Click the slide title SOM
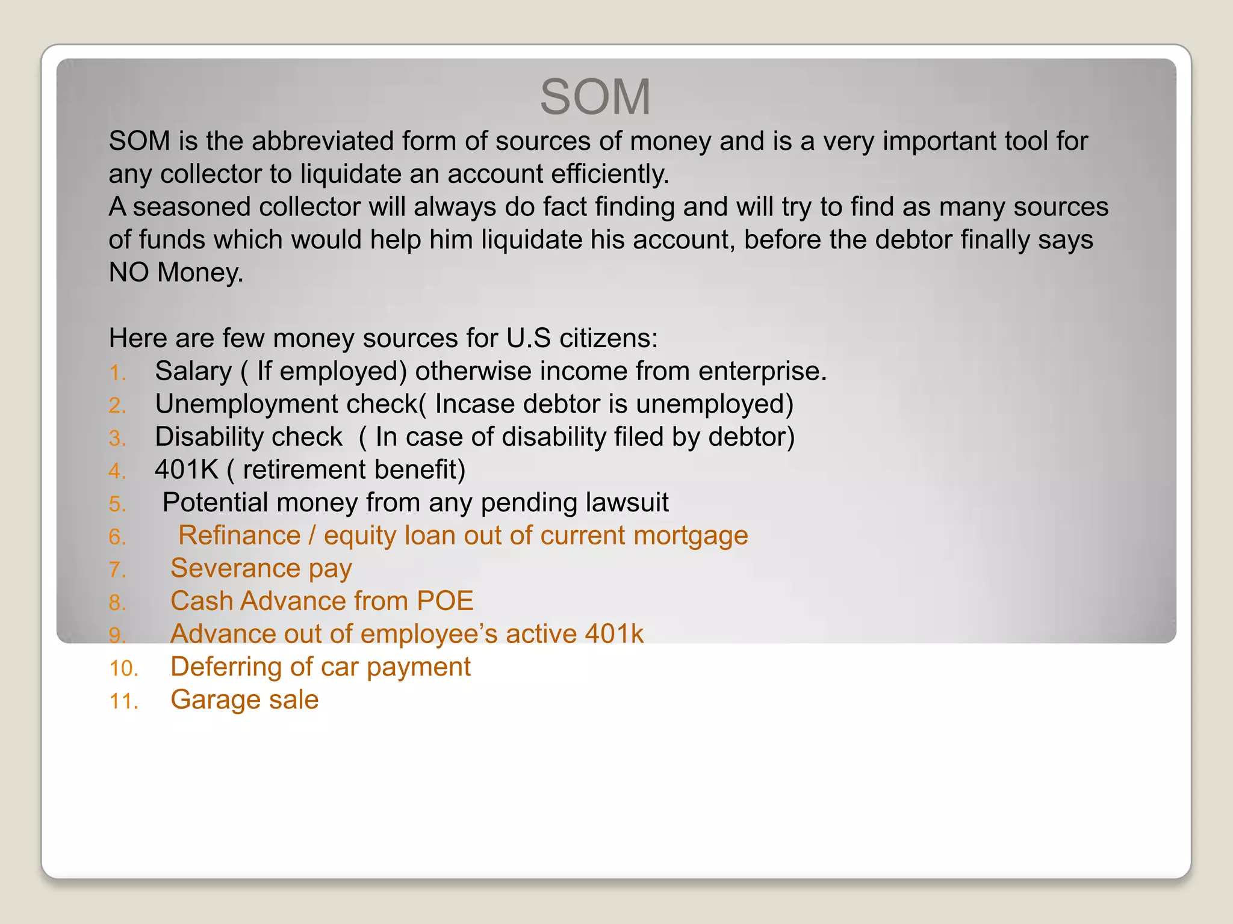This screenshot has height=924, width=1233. pyautogui.click(x=595, y=97)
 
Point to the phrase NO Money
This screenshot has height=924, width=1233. pyautogui.click(x=176, y=273)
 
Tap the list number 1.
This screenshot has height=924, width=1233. pyautogui.click(x=117, y=374)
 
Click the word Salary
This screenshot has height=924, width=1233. pyautogui.click(x=193, y=372)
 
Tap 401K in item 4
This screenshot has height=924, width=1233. pyautogui.click(x=186, y=470)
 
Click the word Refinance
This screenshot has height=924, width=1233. pyautogui.click(x=239, y=536)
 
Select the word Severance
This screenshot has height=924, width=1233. pyautogui.click(x=235, y=568)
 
